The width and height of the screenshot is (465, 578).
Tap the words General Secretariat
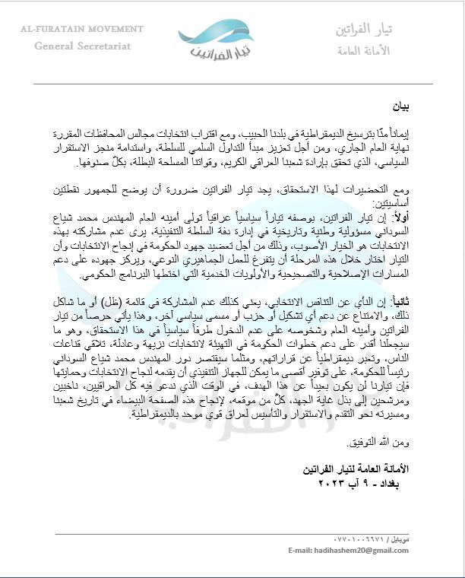pos(83,46)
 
